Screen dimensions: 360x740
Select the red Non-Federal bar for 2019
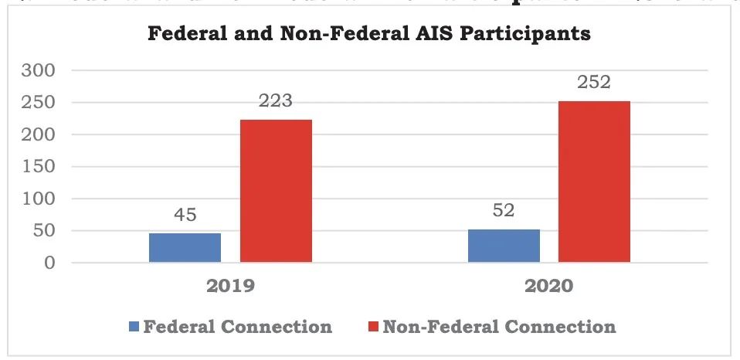pyautogui.click(x=276, y=192)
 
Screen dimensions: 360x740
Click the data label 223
pyautogui.click(x=276, y=100)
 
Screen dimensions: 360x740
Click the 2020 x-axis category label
pyautogui.click(x=549, y=286)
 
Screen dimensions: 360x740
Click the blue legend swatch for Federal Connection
pyautogui.click(x=134, y=327)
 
